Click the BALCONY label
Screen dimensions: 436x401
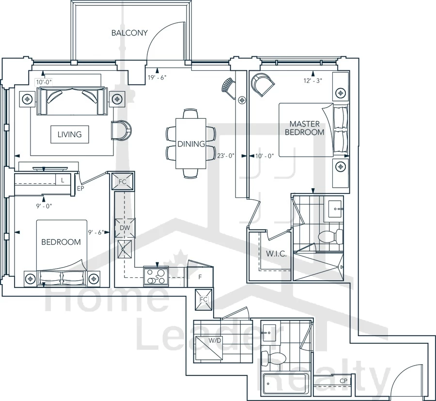[x=129, y=33]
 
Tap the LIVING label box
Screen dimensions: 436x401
[x=69, y=134]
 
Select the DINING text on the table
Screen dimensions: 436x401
[x=191, y=144]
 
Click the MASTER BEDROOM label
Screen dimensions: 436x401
[x=305, y=128]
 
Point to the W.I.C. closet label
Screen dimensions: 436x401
[x=276, y=254]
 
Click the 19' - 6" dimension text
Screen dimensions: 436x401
[x=157, y=78]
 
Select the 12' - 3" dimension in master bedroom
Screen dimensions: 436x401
[x=313, y=80]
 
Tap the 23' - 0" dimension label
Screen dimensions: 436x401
[x=226, y=156]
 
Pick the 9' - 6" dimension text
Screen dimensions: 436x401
[x=96, y=232]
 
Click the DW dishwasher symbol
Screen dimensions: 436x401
[x=125, y=228]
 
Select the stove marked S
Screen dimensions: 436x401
[x=156, y=276]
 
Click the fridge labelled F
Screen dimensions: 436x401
[x=200, y=277]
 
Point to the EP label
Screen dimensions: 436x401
[x=80, y=189]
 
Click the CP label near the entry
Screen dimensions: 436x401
[x=343, y=381]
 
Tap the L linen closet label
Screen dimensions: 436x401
[x=62, y=180]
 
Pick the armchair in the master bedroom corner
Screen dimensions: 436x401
[x=263, y=84]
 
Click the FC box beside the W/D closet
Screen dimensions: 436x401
[x=203, y=300]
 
